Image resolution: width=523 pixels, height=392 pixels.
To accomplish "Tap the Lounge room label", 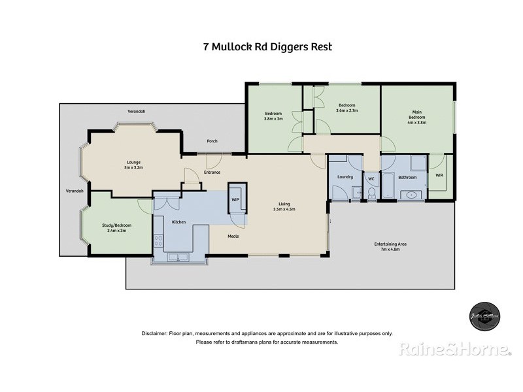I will pyautogui.click(x=134, y=165).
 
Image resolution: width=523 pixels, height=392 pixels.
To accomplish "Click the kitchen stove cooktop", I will pyautogui.click(x=158, y=242).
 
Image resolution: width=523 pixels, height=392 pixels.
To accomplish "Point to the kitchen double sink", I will pyautogui.click(x=178, y=257).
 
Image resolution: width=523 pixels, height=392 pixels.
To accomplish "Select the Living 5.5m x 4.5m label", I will pyautogui.click(x=284, y=207).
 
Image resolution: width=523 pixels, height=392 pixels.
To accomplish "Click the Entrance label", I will pyautogui.click(x=212, y=172).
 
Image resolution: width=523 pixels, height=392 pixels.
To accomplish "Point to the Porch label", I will pyautogui.click(x=212, y=141).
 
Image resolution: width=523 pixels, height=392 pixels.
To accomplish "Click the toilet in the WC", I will pyautogui.click(x=371, y=191).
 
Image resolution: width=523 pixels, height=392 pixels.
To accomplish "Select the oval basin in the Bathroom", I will pyautogui.click(x=412, y=195).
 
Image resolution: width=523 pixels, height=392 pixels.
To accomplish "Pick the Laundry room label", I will pyautogui.click(x=345, y=177).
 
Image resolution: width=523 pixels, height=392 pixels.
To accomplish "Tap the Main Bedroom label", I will pyautogui.click(x=417, y=117).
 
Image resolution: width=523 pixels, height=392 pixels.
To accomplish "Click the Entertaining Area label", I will pyautogui.click(x=390, y=246).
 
